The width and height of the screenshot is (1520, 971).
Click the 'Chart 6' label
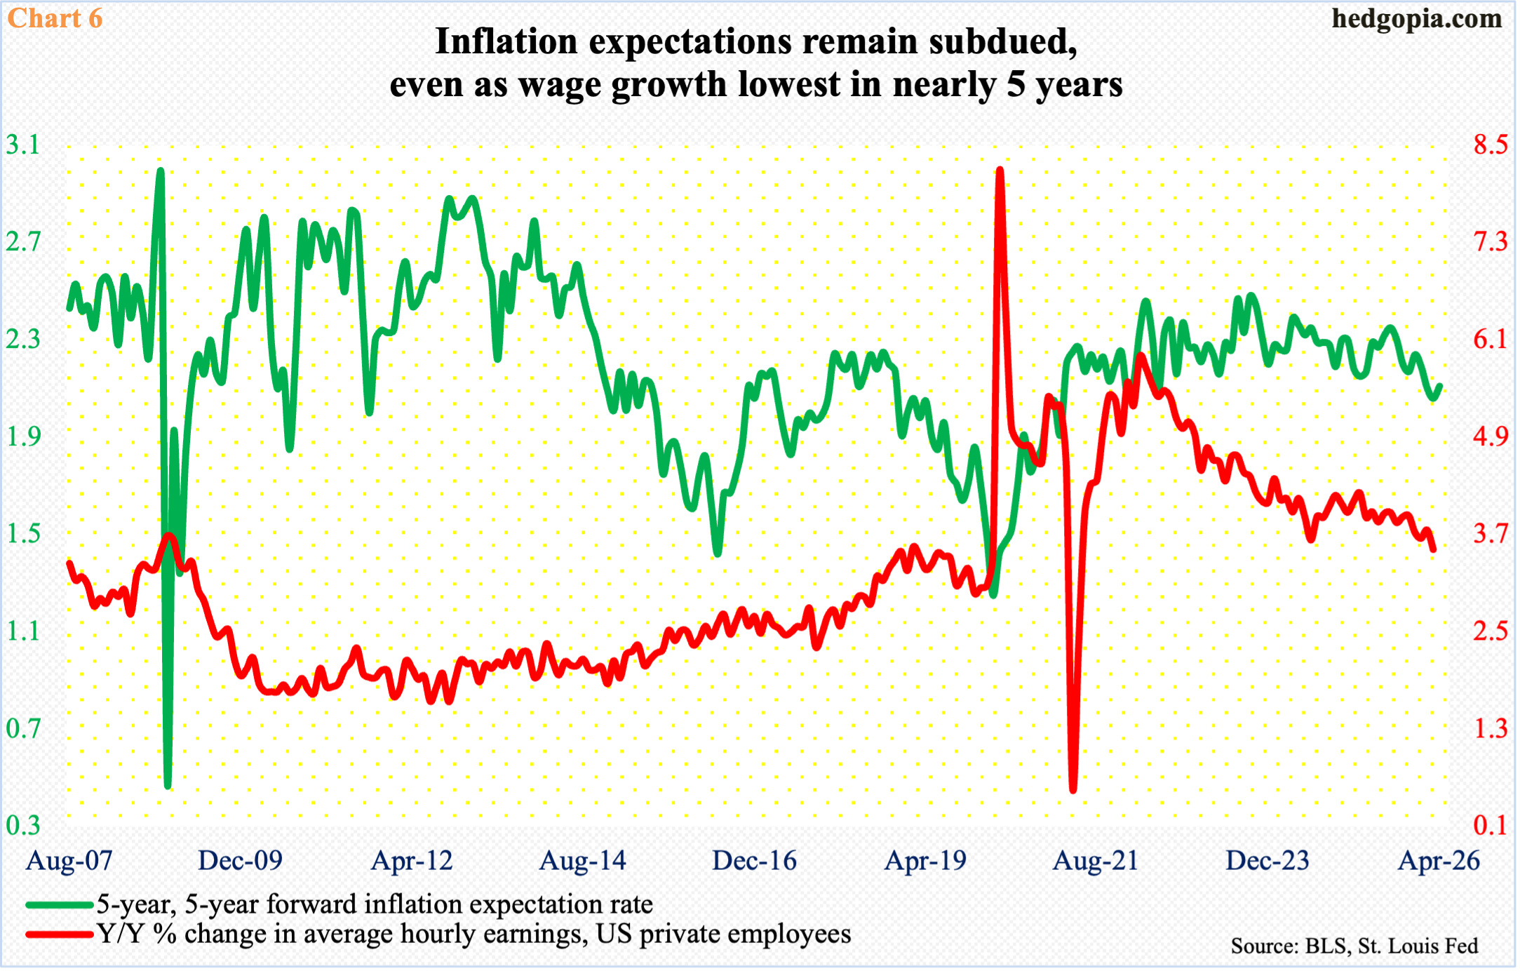55,18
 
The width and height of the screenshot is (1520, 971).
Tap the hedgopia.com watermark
1416,18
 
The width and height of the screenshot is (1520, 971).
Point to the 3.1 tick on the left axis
22,145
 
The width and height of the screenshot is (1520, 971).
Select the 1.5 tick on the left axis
22,534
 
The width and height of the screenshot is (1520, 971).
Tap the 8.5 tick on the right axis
1490,145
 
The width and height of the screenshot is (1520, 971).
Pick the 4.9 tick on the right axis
1490,436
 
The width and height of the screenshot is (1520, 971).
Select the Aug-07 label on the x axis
69,861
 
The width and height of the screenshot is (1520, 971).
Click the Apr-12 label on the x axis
412,861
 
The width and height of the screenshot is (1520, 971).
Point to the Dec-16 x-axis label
754,861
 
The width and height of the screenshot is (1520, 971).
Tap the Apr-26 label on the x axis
1439,861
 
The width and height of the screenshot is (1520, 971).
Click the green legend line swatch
60,905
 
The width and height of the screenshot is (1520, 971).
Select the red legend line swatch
60,935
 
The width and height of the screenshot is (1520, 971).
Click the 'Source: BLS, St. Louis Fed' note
1354,946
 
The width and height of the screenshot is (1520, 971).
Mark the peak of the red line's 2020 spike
1000,170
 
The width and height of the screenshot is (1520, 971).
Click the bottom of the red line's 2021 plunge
1073,789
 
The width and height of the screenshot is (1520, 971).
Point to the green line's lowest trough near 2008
168,785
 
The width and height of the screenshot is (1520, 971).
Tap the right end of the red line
1432,549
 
